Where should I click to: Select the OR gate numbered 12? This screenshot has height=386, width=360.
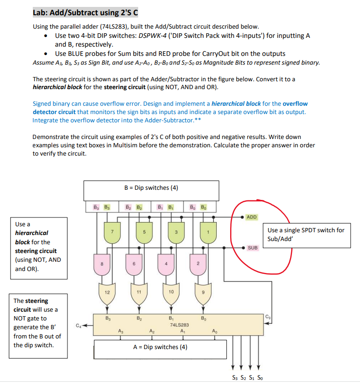point(107,292)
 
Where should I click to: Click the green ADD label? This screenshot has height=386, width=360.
point(252,217)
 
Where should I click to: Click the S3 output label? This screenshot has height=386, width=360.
point(235,378)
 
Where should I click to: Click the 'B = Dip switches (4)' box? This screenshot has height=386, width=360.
point(151,190)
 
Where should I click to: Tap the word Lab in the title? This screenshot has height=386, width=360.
point(41,12)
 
